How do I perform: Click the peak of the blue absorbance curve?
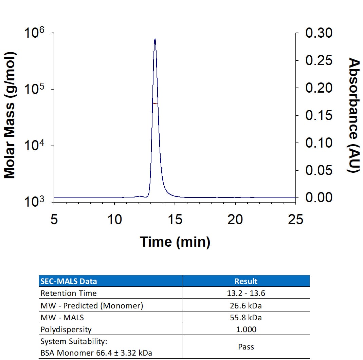[x=155, y=39]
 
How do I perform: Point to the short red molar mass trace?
[x=155, y=103]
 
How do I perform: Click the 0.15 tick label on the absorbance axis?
[x=319, y=115]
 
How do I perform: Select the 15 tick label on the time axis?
[x=175, y=219]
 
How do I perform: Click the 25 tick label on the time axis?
[x=295, y=219]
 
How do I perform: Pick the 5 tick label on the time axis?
[x=54, y=219]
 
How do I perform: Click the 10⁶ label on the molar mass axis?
[x=34, y=32]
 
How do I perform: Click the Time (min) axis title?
[x=175, y=242]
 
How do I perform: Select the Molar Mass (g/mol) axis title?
[x=10, y=115]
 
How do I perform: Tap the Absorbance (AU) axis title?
[x=354, y=115]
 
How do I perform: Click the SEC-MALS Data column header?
[x=69, y=281]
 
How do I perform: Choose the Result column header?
[x=246, y=281]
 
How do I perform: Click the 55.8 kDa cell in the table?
[x=246, y=318]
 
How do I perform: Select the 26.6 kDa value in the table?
[x=246, y=306]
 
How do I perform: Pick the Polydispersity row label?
[x=66, y=329]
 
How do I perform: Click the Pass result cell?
[x=246, y=347]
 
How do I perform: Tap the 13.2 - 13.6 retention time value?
[x=246, y=293]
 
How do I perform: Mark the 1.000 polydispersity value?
[x=246, y=329]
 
